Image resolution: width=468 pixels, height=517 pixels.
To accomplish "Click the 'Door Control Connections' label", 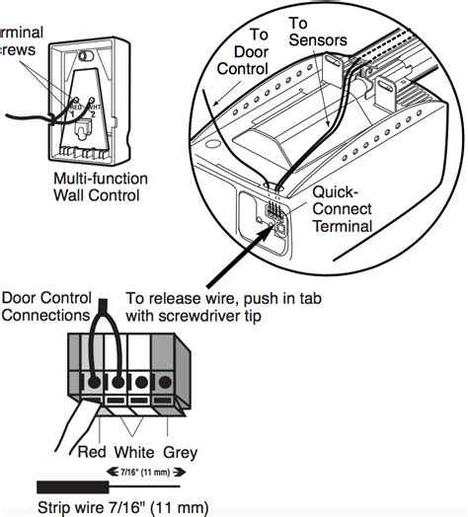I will [46, 306].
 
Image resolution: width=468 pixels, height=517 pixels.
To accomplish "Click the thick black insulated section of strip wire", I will [68, 485].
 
